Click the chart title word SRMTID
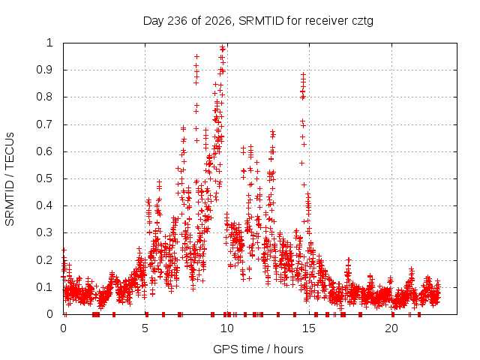pos(261,21)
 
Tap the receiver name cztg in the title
pos(362,22)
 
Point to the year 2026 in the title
pos(218,21)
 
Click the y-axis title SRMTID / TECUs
pos(10,179)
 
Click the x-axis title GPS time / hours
pos(258,349)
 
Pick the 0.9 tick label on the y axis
pos(45,70)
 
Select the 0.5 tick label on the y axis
pos(45,178)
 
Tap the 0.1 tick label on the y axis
pos(45,287)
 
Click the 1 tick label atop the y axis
pos(49,43)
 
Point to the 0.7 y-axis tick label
pos(45,124)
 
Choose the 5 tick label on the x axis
pos(145,328)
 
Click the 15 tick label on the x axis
pos(309,328)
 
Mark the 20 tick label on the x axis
pos(391,328)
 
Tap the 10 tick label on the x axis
pos(226,328)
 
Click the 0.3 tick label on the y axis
pos(45,232)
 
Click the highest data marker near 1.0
pos(223,47)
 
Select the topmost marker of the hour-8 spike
pos(196,57)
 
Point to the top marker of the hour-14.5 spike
pos(303,74)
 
